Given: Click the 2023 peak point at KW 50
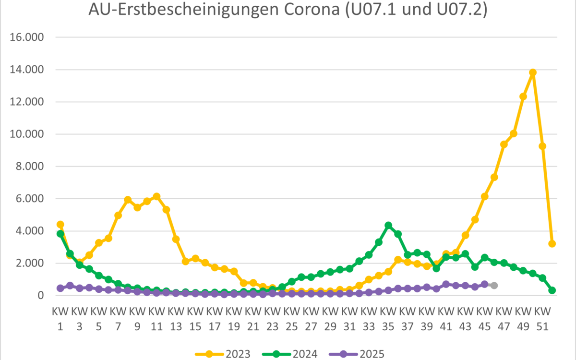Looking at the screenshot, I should point(533,72).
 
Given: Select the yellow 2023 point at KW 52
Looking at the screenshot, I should point(552,244).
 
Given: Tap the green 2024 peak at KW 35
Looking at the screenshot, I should point(388,225).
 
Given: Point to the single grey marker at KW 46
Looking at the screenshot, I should point(494,285).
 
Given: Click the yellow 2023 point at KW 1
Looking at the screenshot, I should point(60,224).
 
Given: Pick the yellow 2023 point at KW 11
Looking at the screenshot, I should point(156,196).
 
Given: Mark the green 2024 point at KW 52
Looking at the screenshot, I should point(552,290).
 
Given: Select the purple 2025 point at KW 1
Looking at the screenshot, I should point(60,288).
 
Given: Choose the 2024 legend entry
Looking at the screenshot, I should point(290,354).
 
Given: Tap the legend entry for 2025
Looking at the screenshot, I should point(358,354).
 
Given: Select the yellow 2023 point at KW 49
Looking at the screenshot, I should point(523,96).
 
